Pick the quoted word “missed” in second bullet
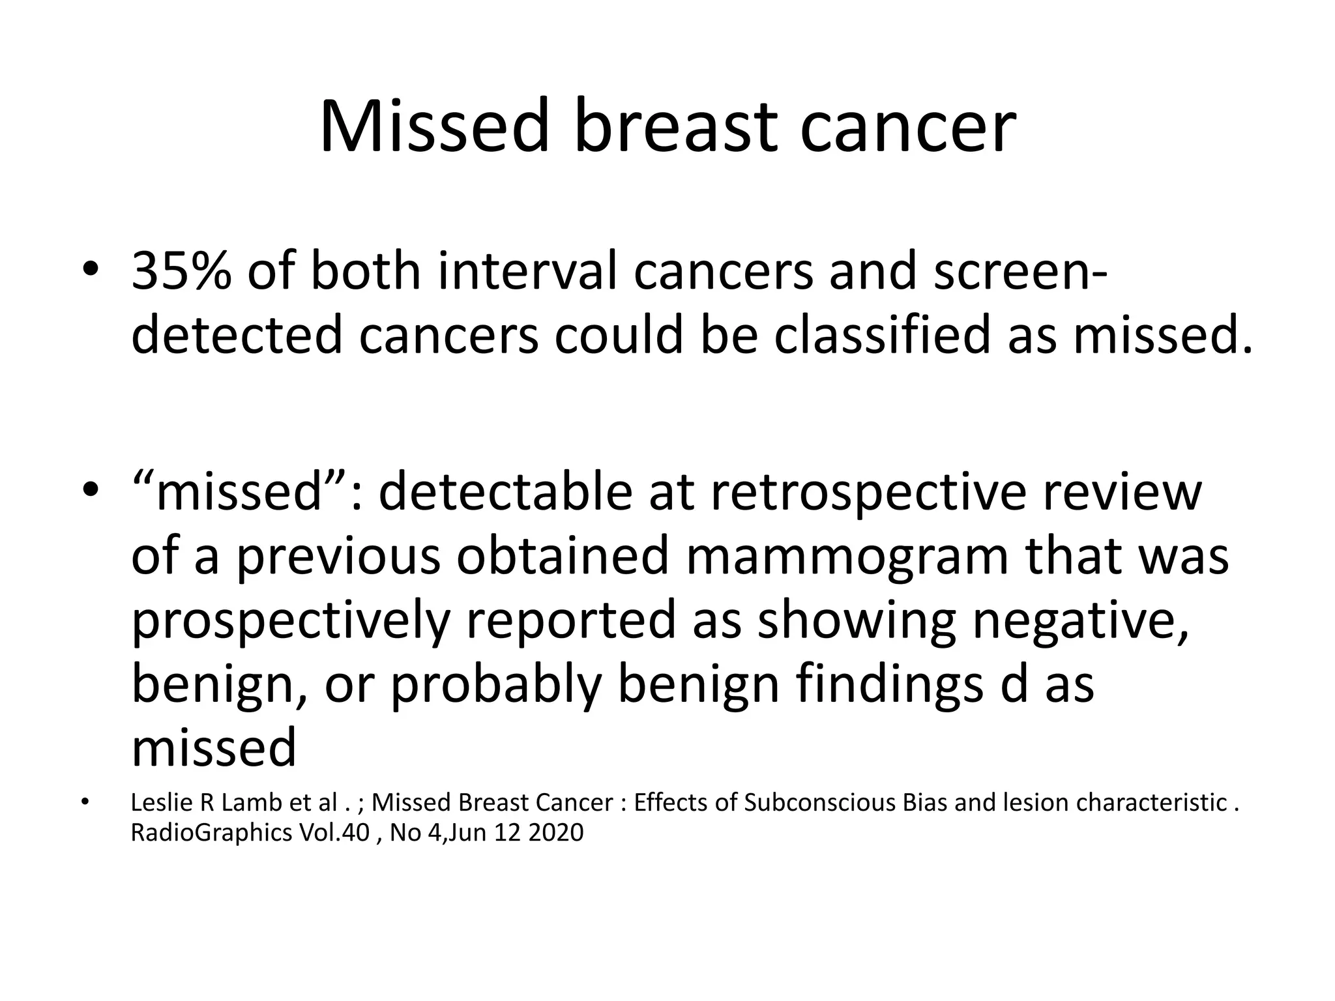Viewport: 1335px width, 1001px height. tap(239, 492)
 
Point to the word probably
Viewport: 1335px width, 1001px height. tap(495, 684)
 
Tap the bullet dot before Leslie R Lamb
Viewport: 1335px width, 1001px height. tap(84, 803)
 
